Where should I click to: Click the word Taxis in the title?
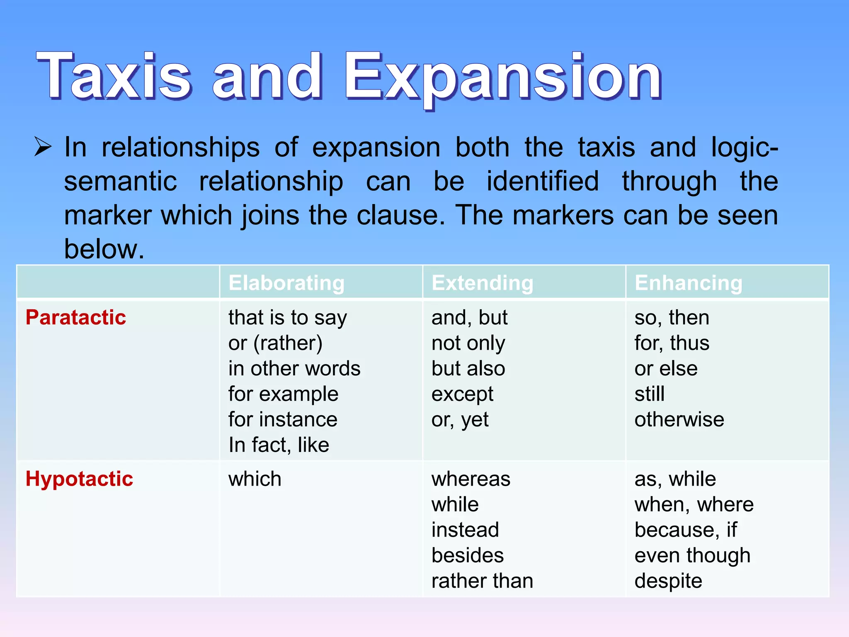(114, 77)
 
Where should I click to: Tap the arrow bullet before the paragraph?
(43, 147)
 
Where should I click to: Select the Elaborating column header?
(286, 283)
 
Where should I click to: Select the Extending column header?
(482, 283)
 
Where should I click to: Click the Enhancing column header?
(688, 283)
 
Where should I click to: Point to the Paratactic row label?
(76, 318)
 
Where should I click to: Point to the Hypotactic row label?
(79, 479)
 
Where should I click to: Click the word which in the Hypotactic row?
(255, 479)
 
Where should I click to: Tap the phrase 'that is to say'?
(287, 318)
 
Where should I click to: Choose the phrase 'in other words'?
(294, 369)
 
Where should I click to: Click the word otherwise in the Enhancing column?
(679, 419)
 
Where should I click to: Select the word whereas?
(471, 479)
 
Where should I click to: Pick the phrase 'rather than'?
(482, 581)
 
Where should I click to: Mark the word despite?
(668, 581)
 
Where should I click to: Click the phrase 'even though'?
(692, 555)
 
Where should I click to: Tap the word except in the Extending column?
(462, 394)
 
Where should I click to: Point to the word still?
(649, 394)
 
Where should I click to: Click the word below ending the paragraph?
(104, 249)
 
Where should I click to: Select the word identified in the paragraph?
(543, 181)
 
